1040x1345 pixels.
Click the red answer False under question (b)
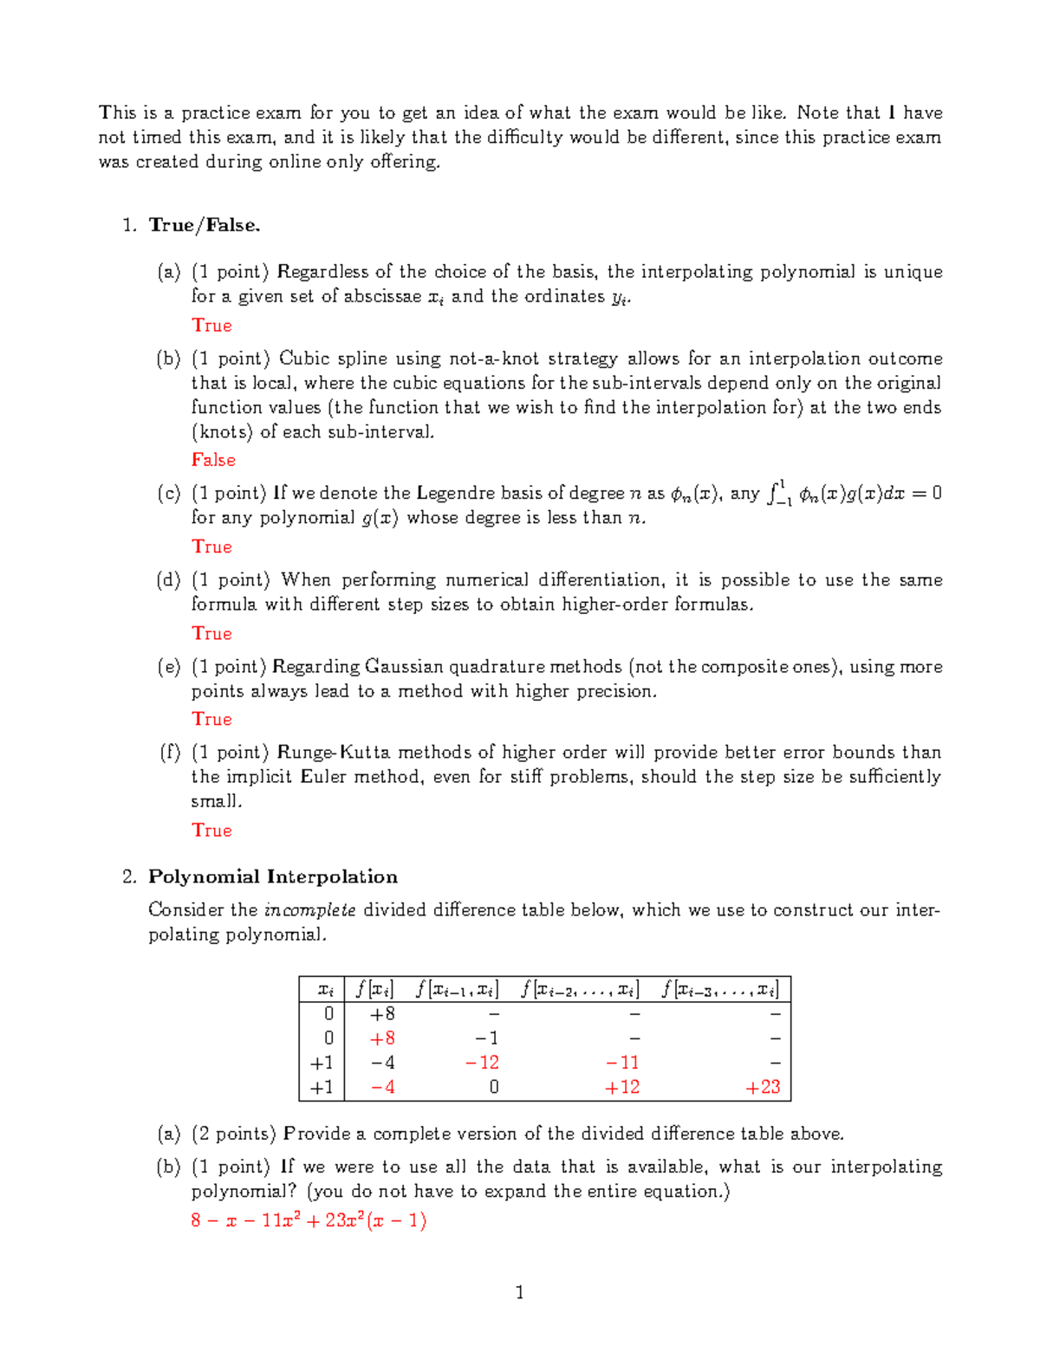pyautogui.click(x=213, y=460)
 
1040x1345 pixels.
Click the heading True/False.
pyautogui.click(x=205, y=225)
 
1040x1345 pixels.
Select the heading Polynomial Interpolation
pyautogui.click(x=273, y=876)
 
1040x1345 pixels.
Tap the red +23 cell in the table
pyautogui.click(x=763, y=1087)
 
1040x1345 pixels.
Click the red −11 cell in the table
pyautogui.click(x=622, y=1063)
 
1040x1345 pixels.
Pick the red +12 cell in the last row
pyautogui.click(x=622, y=1087)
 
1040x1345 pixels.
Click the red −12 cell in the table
pyautogui.click(x=482, y=1063)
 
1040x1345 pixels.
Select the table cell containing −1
pyautogui.click(x=486, y=1038)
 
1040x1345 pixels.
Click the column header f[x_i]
pyautogui.click(x=374, y=989)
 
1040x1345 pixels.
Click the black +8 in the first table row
pyautogui.click(x=382, y=1014)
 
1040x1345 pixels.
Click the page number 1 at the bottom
pyautogui.click(x=520, y=1293)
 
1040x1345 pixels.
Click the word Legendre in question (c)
pyautogui.click(x=456, y=494)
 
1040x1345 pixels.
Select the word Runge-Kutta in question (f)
pyautogui.click(x=334, y=753)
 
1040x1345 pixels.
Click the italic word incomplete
pyautogui.click(x=309, y=910)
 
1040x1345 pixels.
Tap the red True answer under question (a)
pyautogui.click(x=212, y=326)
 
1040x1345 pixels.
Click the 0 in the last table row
pyautogui.click(x=493, y=1087)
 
